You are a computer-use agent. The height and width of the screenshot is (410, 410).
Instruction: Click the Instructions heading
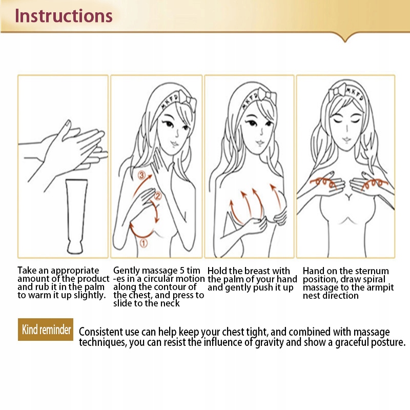tap(64, 16)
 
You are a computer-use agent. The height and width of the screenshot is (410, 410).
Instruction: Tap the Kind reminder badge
tap(46, 330)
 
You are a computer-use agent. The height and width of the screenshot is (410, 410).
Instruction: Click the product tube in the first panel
tap(76, 216)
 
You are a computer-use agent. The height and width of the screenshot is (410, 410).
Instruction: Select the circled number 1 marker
tap(144, 243)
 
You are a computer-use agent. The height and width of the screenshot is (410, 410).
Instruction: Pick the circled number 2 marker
tap(158, 196)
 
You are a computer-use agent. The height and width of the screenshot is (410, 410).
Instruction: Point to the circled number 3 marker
tap(141, 175)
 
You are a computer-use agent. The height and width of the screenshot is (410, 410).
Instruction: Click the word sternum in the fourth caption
tap(372, 271)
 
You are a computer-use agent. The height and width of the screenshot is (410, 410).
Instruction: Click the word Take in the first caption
tap(27, 270)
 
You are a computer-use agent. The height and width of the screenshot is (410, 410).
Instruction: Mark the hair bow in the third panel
tap(267, 96)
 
